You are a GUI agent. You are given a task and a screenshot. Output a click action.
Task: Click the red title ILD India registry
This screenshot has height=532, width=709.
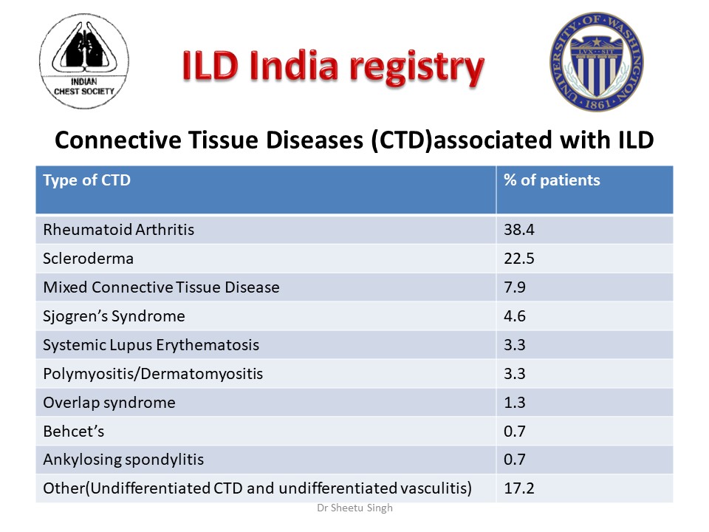(334, 68)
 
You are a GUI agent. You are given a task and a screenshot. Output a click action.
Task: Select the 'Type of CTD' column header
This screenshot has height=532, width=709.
(87, 180)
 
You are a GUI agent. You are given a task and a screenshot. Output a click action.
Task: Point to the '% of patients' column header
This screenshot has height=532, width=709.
(552, 180)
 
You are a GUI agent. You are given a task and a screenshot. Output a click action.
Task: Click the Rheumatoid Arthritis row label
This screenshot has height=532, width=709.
(119, 230)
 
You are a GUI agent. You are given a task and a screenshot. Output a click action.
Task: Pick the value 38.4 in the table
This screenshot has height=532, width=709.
(518, 230)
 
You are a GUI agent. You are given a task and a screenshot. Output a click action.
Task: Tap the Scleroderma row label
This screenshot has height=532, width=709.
(89, 259)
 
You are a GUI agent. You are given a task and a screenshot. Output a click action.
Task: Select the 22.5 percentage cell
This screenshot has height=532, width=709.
(518, 259)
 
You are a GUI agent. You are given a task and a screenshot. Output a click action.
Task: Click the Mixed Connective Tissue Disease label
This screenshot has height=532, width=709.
(161, 287)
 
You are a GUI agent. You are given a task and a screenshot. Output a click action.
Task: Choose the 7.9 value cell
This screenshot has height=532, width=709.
(515, 287)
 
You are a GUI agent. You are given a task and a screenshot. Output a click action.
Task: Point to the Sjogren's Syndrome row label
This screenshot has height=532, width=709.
(114, 316)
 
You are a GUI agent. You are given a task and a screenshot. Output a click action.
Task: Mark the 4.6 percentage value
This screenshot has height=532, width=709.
(515, 316)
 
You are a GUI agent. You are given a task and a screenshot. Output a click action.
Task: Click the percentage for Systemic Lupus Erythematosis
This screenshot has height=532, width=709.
(515, 345)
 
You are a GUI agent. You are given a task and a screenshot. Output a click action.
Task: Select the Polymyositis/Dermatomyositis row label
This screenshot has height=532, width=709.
(153, 374)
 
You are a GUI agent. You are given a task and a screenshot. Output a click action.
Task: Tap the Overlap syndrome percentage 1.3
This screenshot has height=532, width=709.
(515, 403)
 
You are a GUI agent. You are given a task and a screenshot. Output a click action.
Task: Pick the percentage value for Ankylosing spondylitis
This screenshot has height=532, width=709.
(515, 460)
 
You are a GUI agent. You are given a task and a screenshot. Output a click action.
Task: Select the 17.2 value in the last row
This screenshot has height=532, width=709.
(518, 488)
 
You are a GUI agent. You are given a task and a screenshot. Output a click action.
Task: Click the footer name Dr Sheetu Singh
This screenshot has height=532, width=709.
(354, 509)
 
